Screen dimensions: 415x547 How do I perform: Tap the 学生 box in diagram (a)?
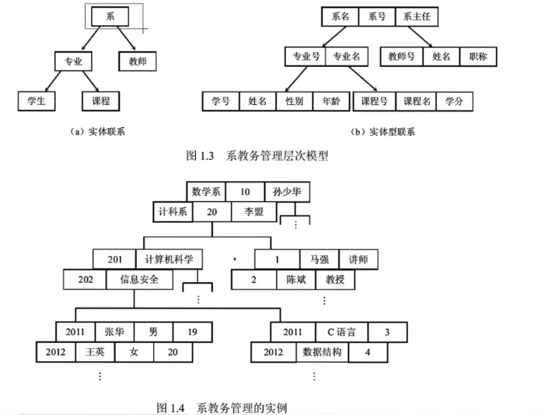(x=36, y=101)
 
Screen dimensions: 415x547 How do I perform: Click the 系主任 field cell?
(x=417, y=16)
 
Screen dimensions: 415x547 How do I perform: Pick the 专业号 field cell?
(x=305, y=56)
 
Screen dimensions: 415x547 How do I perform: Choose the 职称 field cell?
(x=477, y=56)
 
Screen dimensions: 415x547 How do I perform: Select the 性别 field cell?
(x=294, y=101)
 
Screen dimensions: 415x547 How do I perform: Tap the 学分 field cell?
(x=454, y=101)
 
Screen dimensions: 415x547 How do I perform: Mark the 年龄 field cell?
(x=330, y=101)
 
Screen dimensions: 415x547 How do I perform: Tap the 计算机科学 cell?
(x=168, y=259)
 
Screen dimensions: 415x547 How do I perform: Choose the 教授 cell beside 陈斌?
(x=335, y=279)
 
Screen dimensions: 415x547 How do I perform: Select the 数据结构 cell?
(x=321, y=352)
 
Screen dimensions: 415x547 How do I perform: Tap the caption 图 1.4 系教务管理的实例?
(x=222, y=407)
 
